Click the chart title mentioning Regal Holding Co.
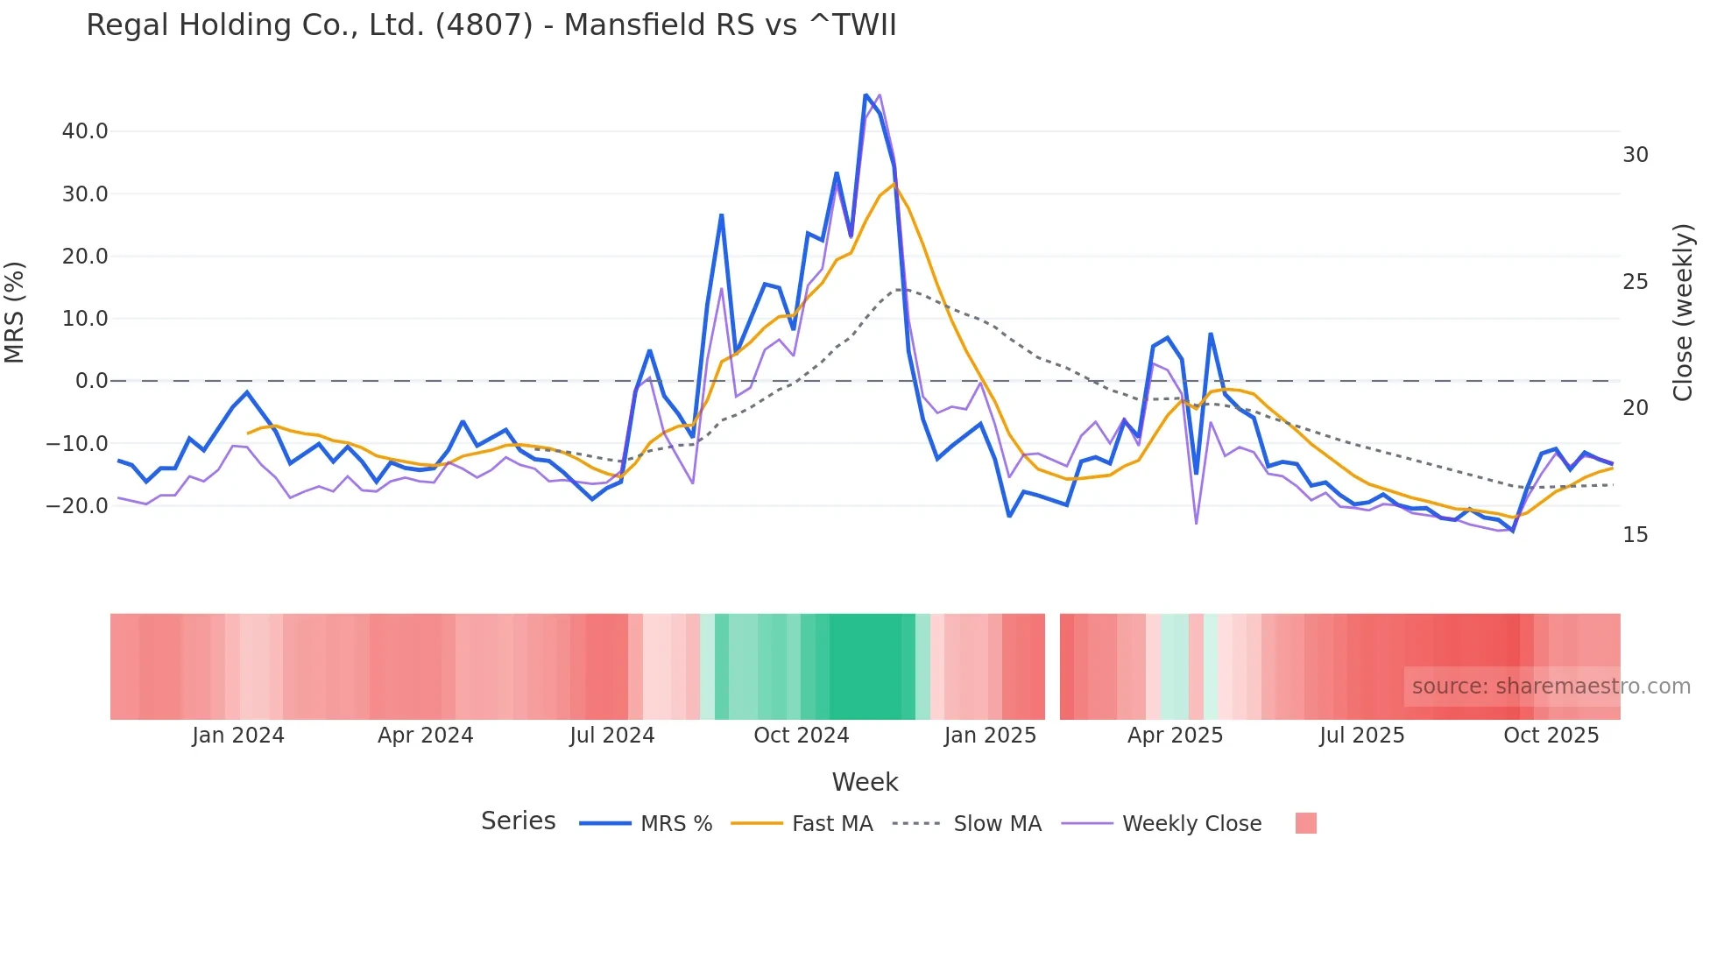pos(491,25)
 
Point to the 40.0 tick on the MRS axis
pos(85,131)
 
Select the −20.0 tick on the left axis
pos(77,506)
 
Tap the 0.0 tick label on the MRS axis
pos(91,381)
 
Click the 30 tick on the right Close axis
pos(1635,155)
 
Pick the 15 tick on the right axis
pos(1635,535)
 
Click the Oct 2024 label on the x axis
pos(801,736)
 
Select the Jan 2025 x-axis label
pos(990,736)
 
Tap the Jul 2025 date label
pos(1361,736)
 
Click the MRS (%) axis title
pos(15,313)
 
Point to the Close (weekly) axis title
pos(1683,313)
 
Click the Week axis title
pos(865,782)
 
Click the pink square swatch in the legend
pos(1305,823)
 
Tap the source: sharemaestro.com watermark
pos(1551,687)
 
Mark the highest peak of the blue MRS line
pos(866,95)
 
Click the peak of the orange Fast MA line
pos(894,184)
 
